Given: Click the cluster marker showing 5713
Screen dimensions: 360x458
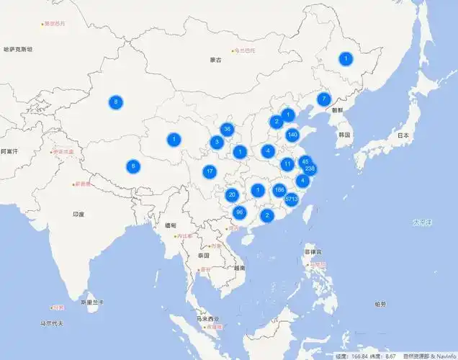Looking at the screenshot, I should (x=292, y=198).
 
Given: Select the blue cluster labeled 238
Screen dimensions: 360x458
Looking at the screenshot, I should (x=310, y=168).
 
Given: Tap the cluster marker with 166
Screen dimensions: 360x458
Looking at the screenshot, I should (x=279, y=190).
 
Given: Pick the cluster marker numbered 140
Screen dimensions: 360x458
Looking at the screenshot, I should (x=292, y=135).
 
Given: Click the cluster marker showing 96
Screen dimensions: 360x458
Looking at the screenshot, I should (x=240, y=212).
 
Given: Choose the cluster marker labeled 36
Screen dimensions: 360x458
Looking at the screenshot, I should (x=228, y=130).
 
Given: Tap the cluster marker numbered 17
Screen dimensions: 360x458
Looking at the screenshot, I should (x=210, y=171).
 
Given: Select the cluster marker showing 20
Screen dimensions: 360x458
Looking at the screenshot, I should (x=232, y=194).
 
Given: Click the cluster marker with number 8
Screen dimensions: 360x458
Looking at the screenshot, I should (x=116, y=102).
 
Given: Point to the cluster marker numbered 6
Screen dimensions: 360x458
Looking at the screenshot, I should (x=133, y=166).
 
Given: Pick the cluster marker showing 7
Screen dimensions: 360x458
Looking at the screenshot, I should (x=324, y=99).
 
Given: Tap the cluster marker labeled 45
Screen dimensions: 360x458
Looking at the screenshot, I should (x=305, y=161).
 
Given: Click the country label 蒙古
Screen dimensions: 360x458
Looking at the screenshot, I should (x=215, y=60).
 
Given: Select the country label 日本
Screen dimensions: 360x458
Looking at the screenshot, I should (x=403, y=135).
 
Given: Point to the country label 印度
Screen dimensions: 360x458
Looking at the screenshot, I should (x=78, y=214).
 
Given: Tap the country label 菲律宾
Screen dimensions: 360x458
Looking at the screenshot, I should (x=312, y=252).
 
